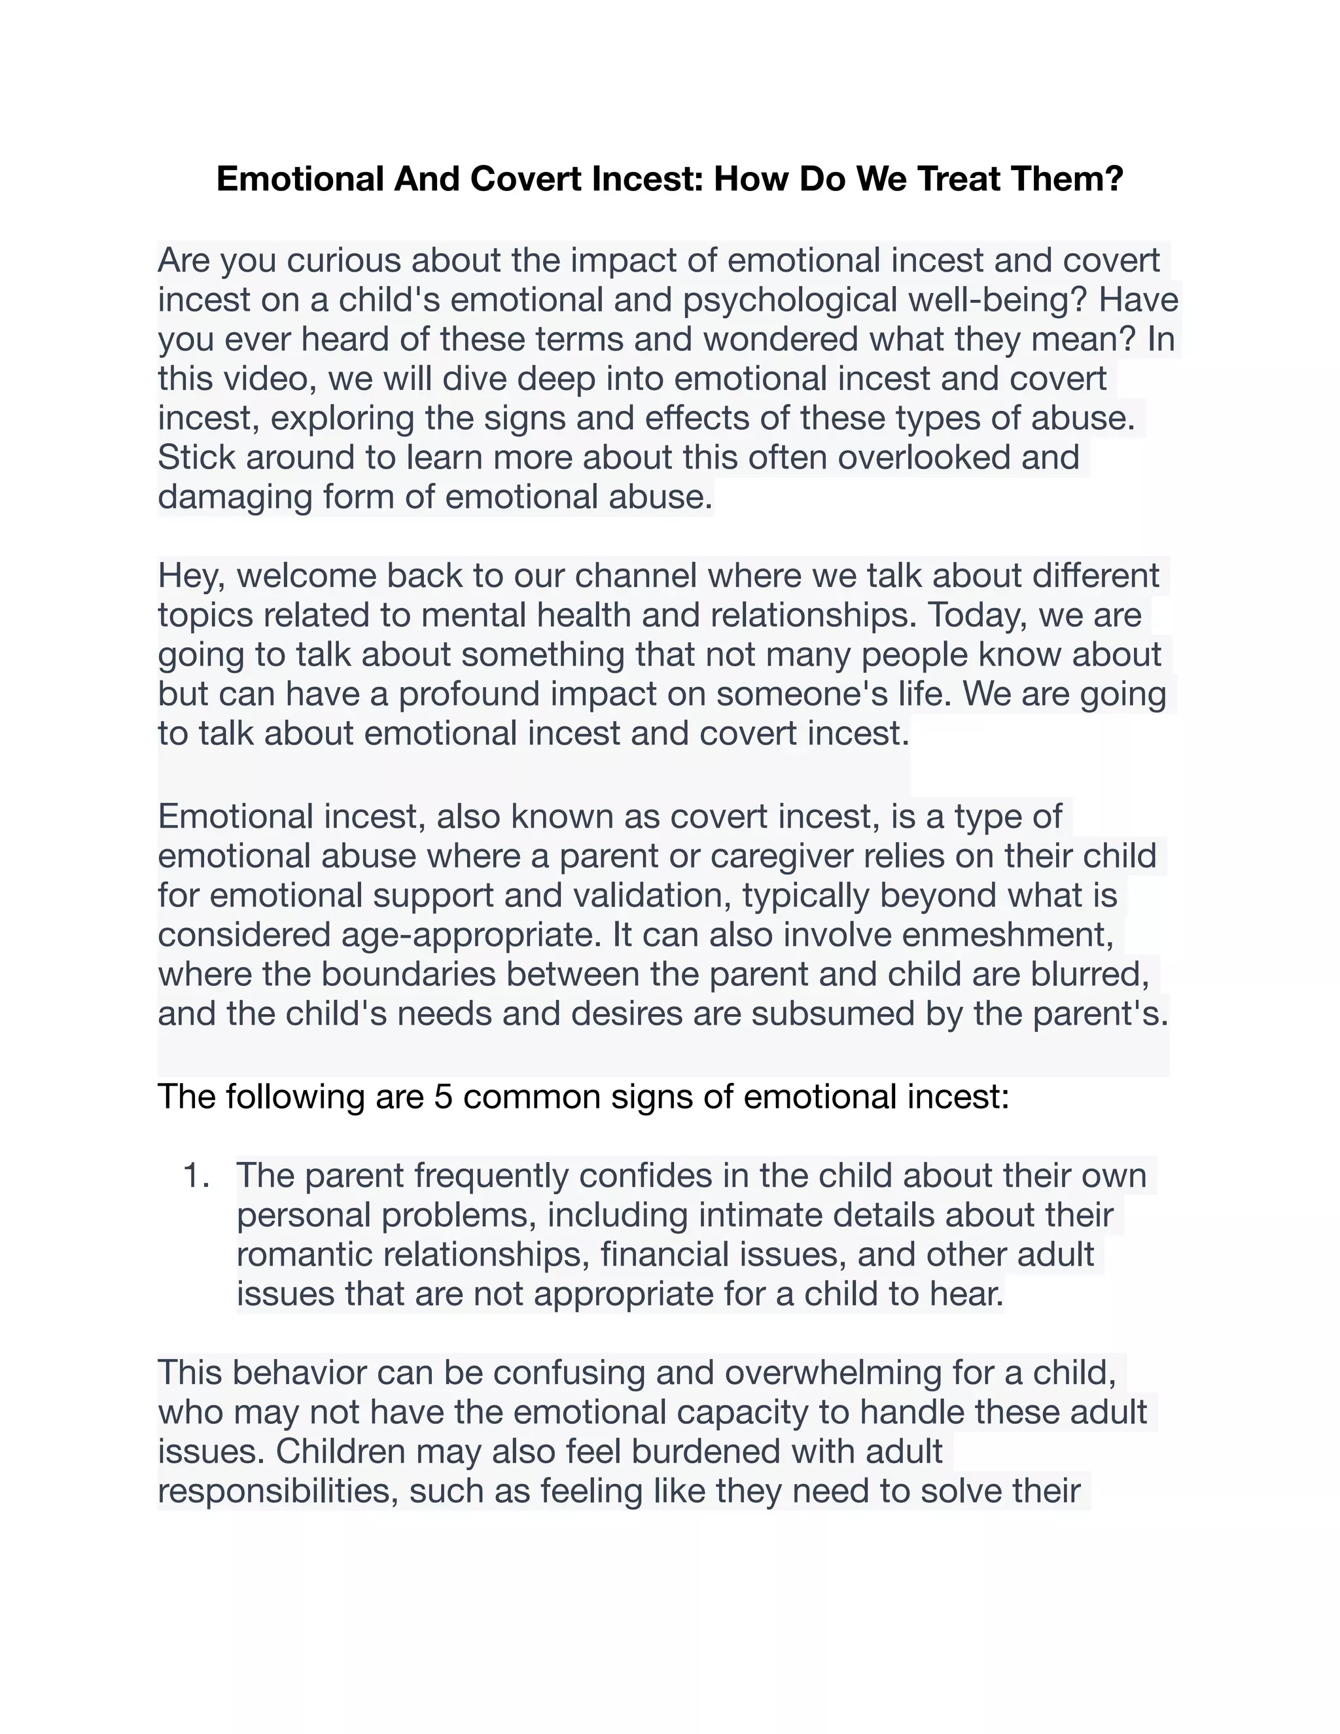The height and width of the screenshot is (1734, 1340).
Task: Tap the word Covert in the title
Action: (526, 179)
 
